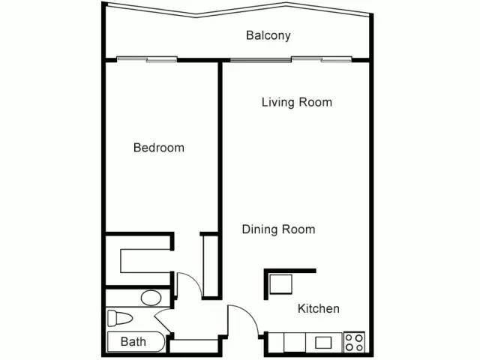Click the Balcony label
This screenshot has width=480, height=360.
click(268, 35)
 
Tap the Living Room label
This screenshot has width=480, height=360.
click(296, 102)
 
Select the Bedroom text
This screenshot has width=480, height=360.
click(158, 148)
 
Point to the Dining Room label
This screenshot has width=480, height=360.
click(278, 229)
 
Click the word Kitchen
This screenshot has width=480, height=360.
click(319, 308)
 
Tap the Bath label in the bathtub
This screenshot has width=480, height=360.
click(133, 342)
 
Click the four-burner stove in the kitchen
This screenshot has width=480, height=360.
click(354, 343)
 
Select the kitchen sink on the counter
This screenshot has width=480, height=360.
click(323, 343)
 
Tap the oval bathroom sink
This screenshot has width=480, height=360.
click(151, 298)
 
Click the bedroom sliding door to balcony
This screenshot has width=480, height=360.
click(146, 58)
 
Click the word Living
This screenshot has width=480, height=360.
click(277, 102)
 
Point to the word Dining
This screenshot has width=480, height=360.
click(259, 229)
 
